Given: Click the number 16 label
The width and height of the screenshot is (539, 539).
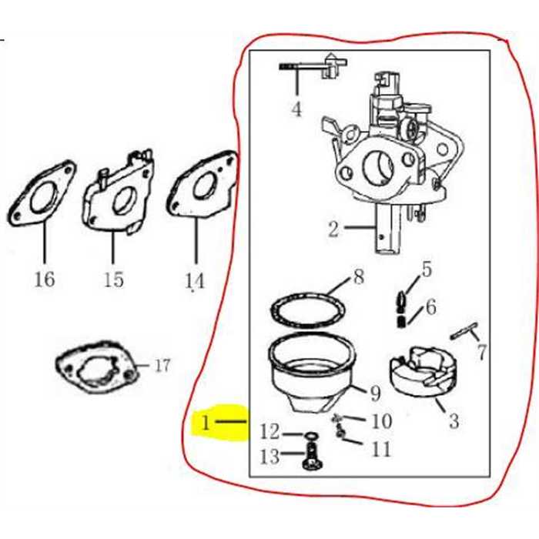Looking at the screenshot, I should click(x=45, y=278).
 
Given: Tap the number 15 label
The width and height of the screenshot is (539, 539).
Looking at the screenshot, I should click(x=113, y=279).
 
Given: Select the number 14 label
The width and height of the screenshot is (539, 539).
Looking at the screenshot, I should click(x=196, y=281).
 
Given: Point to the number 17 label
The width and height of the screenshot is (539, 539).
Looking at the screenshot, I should click(x=162, y=366).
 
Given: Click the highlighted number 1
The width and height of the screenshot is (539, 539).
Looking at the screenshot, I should click(x=206, y=422).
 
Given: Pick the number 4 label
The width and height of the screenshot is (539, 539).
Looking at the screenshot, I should click(x=296, y=109).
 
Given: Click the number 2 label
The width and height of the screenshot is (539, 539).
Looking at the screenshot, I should click(x=333, y=229).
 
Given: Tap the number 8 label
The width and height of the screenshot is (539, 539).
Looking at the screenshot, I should click(x=357, y=277).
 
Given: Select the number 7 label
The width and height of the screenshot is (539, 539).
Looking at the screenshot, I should click(x=481, y=353).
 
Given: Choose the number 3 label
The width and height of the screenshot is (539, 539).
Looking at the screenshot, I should click(x=454, y=420).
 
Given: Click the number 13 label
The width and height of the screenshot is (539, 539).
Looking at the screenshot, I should click(x=269, y=457).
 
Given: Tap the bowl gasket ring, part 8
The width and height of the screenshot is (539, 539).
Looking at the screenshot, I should click(x=308, y=312).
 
